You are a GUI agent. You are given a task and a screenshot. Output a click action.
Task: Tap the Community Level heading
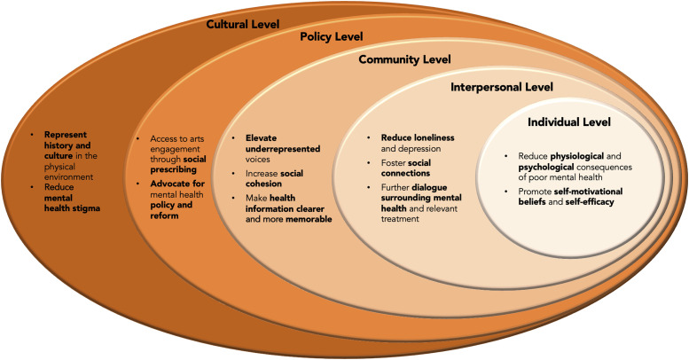404,59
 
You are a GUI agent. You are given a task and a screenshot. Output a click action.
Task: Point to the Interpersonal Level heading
502,87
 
